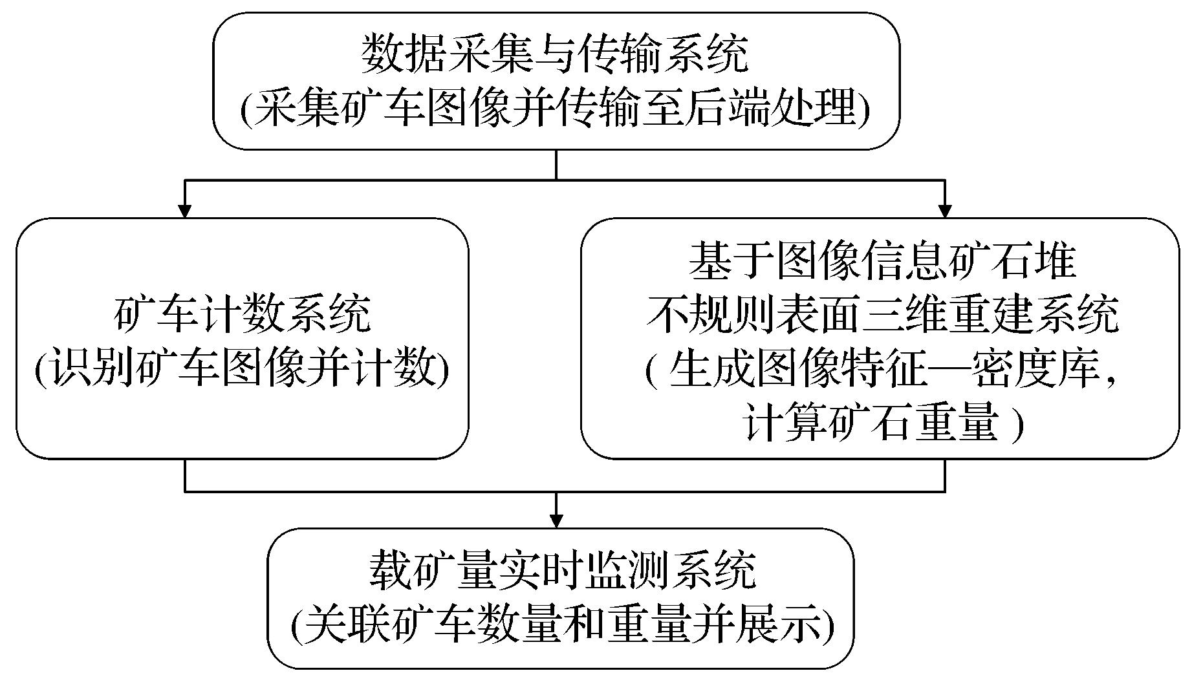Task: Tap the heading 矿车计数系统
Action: tap(243, 315)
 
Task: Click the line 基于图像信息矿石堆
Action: tap(882, 262)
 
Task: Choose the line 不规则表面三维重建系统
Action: tap(882, 316)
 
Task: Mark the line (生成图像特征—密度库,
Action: tap(882, 371)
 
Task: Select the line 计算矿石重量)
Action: tap(882, 425)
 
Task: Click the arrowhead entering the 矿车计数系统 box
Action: tap(185, 211)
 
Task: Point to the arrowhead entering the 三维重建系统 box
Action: tap(945, 211)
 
